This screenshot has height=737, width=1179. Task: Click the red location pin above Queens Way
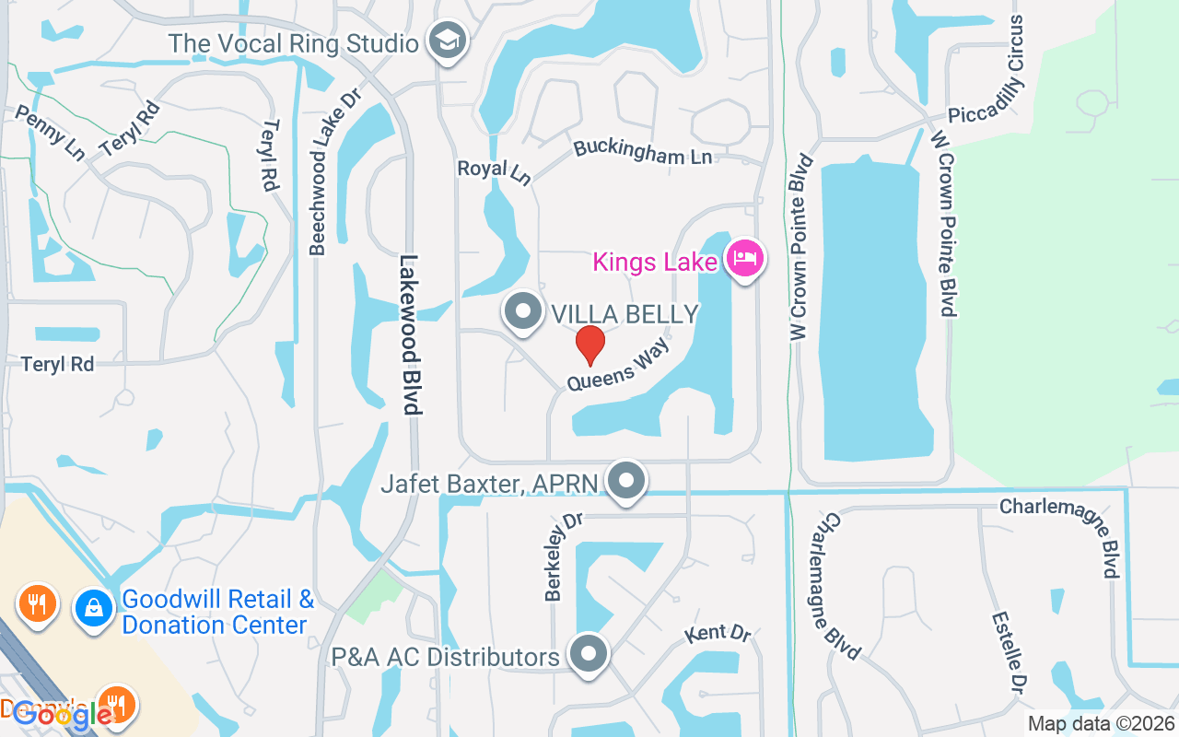[589, 345]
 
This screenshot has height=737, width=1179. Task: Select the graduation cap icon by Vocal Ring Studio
[449, 41]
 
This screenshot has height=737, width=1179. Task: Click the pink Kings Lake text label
[655, 263]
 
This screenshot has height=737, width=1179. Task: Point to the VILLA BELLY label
[625, 314]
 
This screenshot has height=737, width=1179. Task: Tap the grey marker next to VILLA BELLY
[523, 311]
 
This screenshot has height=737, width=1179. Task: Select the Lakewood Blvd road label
[411, 335]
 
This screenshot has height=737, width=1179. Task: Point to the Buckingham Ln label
[643, 152]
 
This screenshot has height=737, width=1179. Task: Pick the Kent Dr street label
[718, 634]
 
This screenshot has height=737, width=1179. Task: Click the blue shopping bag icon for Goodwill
[93, 608]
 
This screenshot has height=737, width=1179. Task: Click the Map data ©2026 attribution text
[1101, 724]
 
